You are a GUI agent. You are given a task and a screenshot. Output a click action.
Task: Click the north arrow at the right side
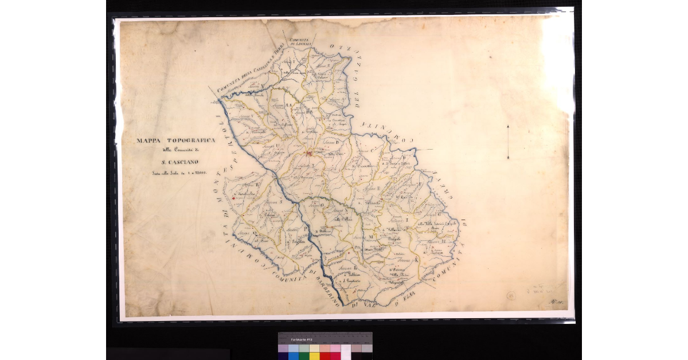(507, 141)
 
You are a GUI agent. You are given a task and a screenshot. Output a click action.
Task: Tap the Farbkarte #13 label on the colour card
(301, 339)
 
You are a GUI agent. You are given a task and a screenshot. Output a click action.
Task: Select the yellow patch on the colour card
(314, 355)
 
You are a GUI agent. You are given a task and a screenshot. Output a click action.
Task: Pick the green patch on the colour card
(304, 355)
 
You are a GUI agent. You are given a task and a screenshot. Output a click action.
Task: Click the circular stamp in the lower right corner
(511, 296)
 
